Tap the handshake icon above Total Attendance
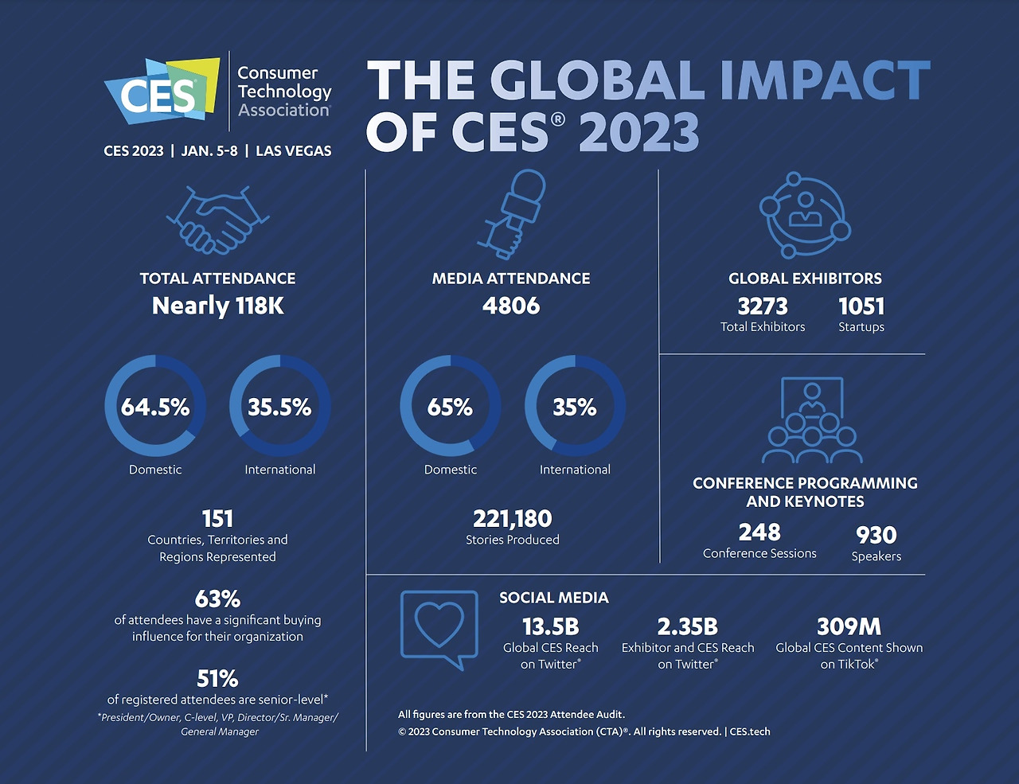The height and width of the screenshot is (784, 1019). [217, 220]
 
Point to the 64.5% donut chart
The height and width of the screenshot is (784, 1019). [155, 407]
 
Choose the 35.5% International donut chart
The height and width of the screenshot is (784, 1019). [279, 407]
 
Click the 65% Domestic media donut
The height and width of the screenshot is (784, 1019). [450, 407]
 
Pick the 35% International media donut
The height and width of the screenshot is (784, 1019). [575, 407]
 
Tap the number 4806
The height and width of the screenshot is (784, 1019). [511, 306]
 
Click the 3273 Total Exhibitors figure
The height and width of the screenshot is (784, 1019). [763, 306]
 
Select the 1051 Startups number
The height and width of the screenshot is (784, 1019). [861, 306]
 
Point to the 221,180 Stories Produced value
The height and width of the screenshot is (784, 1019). [512, 519]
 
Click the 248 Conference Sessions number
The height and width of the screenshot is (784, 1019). [759, 532]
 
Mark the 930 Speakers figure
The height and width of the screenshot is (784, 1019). [876, 536]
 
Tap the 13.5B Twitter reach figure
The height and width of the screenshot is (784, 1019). [550, 627]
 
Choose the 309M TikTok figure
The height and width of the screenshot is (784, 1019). [849, 627]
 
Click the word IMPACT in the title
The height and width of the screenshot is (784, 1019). [825, 81]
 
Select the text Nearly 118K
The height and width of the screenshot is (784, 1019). [217, 306]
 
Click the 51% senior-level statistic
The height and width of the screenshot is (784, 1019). [217, 679]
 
